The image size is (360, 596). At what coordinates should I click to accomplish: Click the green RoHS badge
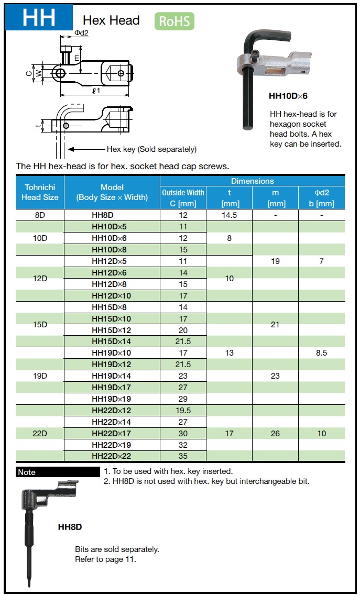click(x=174, y=21)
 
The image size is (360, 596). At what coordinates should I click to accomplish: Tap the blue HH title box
click(x=39, y=18)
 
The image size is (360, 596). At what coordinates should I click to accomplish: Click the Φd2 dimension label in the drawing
click(x=81, y=32)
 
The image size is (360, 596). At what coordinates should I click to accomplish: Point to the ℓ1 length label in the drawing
click(x=95, y=91)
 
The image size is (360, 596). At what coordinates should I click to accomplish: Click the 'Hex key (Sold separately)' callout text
click(x=151, y=149)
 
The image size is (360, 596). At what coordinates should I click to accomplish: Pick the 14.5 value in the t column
click(x=230, y=215)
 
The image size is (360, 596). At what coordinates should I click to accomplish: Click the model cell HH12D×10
click(x=112, y=295)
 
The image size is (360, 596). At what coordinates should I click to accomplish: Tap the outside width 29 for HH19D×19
click(x=183, y=399)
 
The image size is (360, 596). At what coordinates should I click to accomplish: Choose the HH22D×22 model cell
click(x=112, y=456)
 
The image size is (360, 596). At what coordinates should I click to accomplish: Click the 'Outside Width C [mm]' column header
click(x=183, y=198)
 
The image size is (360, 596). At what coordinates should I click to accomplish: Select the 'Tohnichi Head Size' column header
click(x=40, y=192)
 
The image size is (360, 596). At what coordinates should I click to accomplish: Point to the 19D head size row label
click(x=40, y=376)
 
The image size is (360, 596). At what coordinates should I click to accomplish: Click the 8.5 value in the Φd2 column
click(x=321, y=353)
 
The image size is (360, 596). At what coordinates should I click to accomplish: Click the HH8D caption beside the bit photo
click(x=70, y=527)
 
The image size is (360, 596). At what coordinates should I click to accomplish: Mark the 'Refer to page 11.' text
click(x=105, y=559)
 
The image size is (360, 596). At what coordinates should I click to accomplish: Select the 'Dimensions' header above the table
click(x=252, y=181)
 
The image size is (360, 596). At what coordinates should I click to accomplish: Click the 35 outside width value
click(x=183, y=456)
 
